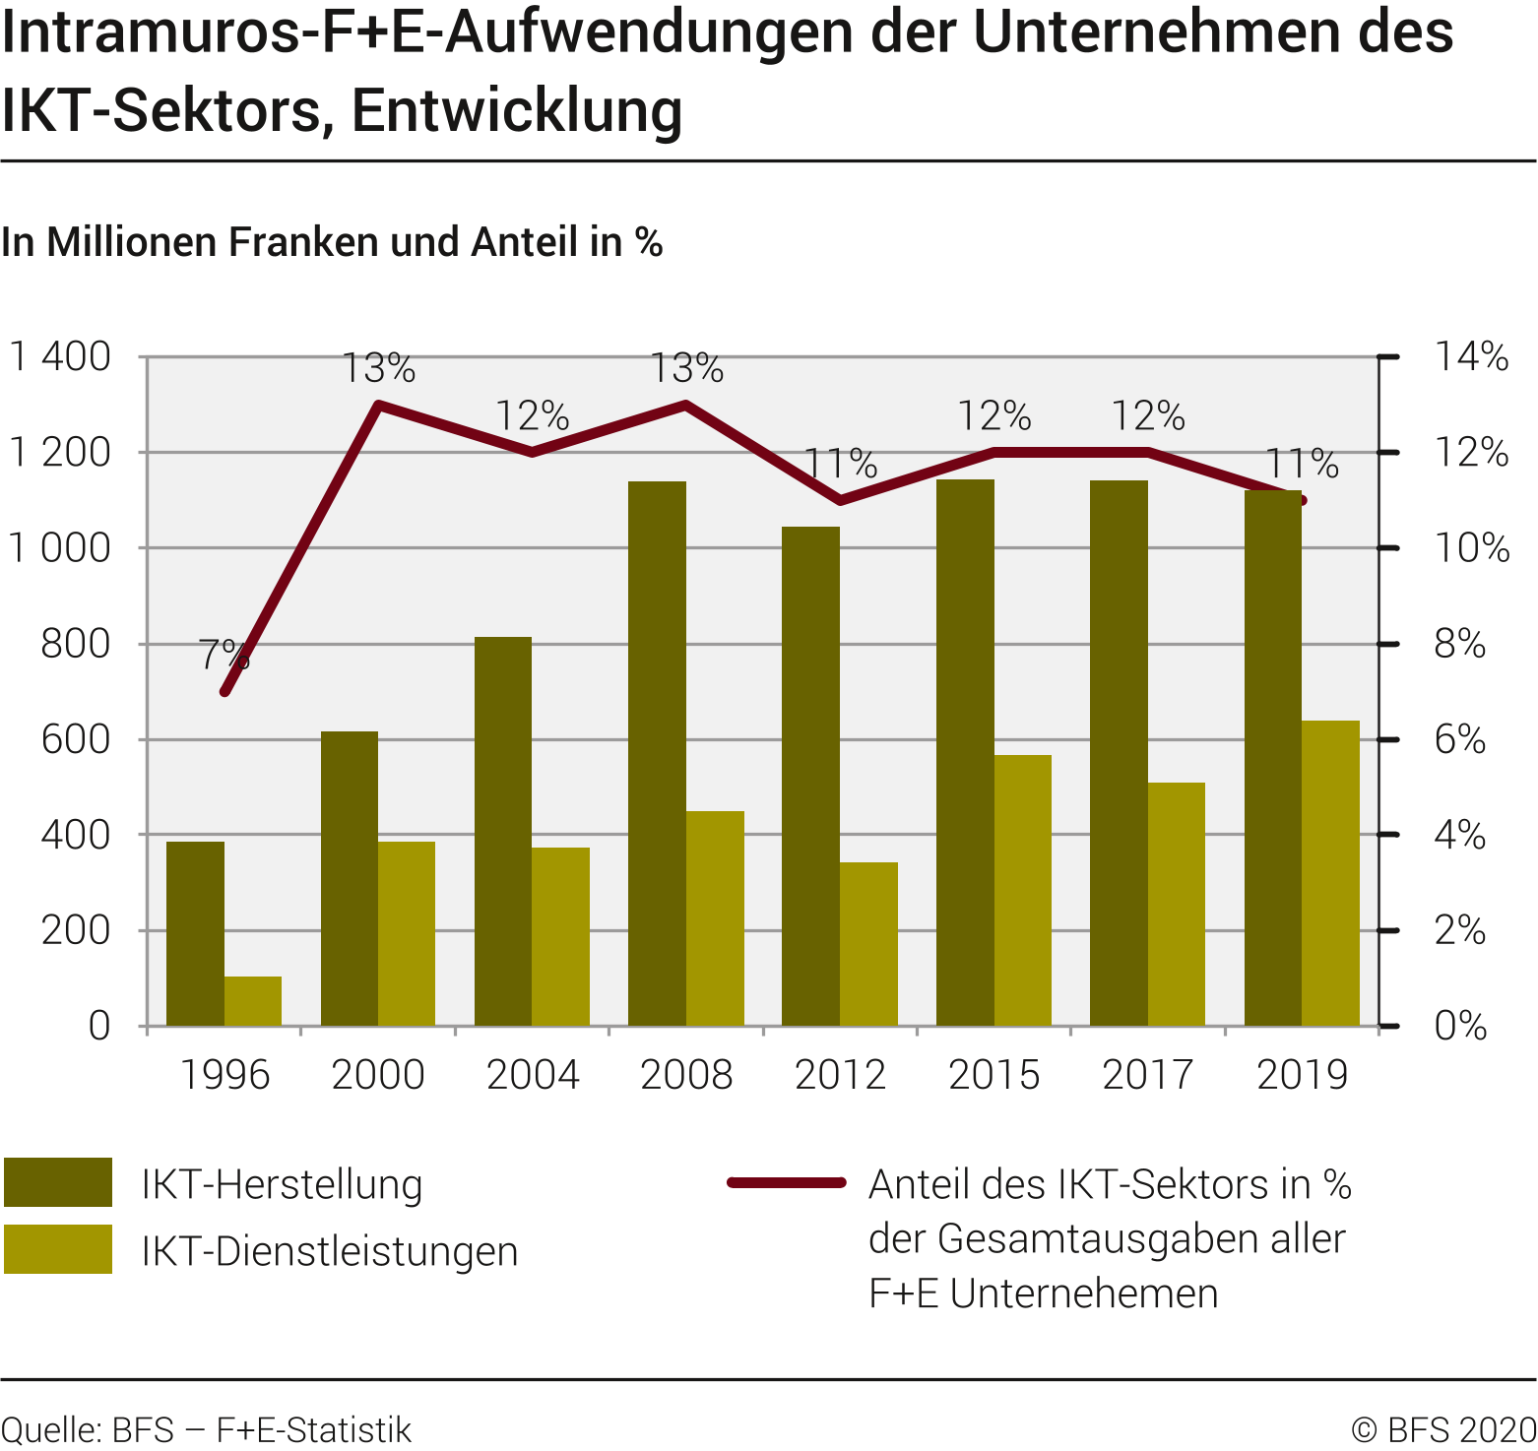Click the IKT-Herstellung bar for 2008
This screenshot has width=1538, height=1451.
(x=657, y=753)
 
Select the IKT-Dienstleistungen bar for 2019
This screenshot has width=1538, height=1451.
(x=1330, y=873)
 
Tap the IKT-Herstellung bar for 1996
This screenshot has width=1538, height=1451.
(x=195, y=933)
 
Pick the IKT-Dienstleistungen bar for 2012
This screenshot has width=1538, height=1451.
(x=868, y=944)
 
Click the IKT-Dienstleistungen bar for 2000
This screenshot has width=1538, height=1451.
(x=407, y=933)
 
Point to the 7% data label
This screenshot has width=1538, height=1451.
(x=224, y=655)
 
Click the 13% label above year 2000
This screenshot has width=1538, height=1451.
(x=379, y=368)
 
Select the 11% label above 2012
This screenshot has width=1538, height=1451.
(x=841, y=463)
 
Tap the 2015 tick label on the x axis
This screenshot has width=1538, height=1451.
(x=993, y=1075)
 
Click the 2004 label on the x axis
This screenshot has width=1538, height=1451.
(x=532, y=1075)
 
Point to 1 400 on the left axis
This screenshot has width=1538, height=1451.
(x=60, y=356)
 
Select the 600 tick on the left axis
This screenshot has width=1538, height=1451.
(x=76, y=739)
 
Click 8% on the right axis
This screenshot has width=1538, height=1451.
(x=1459, y=644)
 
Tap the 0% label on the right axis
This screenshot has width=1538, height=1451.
(x=1459, y=1026)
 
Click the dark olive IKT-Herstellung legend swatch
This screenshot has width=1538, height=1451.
(x=58, y=1182)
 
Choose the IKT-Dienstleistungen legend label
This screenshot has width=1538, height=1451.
(x=330, y=1251)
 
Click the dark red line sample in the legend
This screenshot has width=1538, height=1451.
(x=787, y=1182)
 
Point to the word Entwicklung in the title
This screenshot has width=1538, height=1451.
(x=517, y=110)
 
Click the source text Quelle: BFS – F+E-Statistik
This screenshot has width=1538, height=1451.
(x=206, y=1429)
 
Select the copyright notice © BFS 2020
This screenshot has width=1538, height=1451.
(x=1443, y=1429)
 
